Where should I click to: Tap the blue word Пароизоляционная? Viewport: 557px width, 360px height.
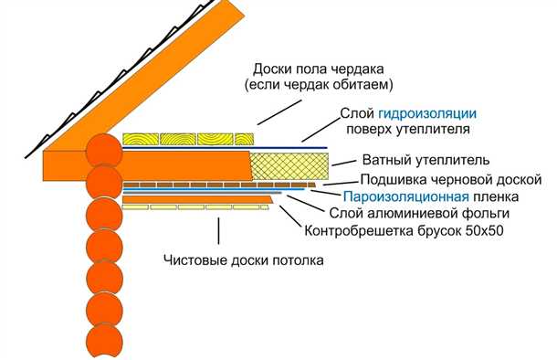click(x=406, y=196)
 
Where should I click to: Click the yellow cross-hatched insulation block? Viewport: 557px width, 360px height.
click(x=289, y=165)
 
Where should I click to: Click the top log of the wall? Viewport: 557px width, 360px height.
click(x=103, y=152)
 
